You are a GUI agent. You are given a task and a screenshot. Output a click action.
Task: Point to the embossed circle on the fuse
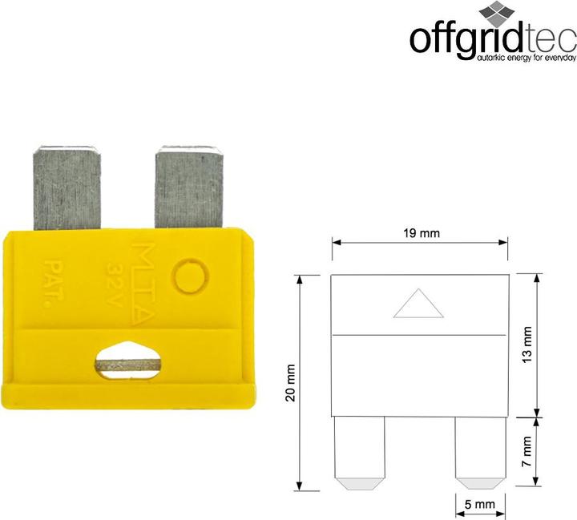[193, 277]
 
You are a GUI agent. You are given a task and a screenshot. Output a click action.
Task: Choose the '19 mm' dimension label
[420, 233]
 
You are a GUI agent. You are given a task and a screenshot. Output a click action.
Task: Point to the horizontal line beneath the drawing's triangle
[420, 333]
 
